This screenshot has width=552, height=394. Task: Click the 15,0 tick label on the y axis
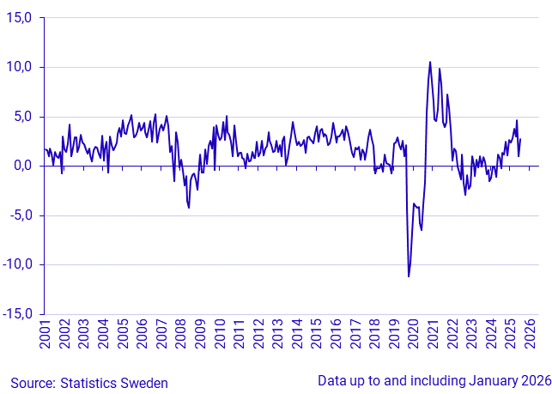coord(20,18)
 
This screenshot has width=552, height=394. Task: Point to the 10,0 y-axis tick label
coord(20,67)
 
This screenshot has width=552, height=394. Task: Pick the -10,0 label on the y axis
coord(18,264)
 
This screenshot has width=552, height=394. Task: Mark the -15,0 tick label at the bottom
coord(18,314)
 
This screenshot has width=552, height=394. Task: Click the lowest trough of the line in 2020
coord(409,276)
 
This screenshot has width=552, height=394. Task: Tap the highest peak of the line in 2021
coord(430,62)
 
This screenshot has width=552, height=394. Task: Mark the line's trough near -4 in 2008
coord(189,207)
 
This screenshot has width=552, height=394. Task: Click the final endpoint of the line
coord(520,139)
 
